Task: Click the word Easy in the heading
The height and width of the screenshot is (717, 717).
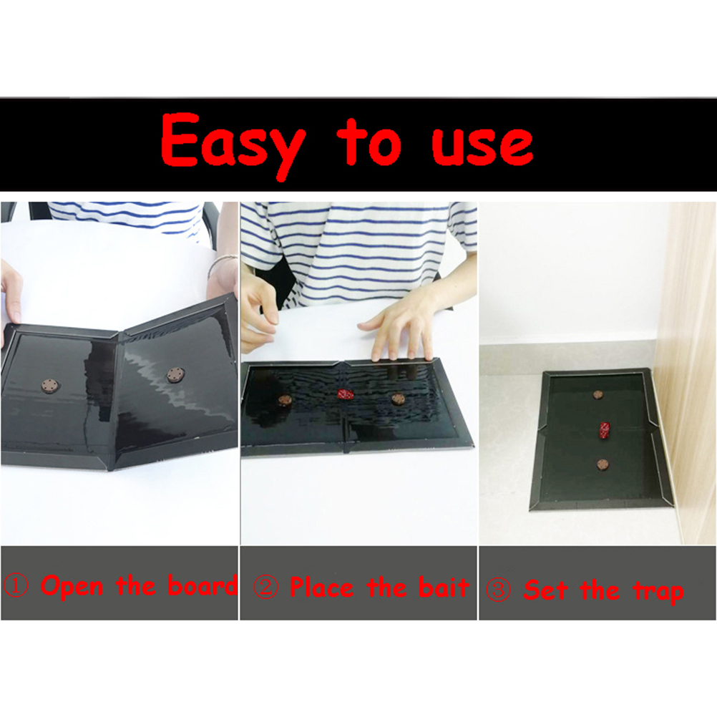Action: pos(233,143)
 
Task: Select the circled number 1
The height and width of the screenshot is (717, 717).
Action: pos(16,586)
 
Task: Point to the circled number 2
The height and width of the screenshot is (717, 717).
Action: pos(265,587)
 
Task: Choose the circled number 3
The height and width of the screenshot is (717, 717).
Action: pos(499,590)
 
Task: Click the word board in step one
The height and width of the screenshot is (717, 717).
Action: pos(203,585)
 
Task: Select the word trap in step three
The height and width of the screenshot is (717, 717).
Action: pos(658,592)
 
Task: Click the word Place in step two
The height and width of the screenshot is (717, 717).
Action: pos(322,587)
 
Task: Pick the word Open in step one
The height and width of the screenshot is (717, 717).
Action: pos(72,586)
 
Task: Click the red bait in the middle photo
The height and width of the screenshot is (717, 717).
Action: pos(346,394)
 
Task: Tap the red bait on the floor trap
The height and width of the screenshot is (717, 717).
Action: pos(605,430)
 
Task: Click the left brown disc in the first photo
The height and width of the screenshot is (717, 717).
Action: pos(50,386)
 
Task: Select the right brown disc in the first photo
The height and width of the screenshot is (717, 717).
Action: pos(175,375)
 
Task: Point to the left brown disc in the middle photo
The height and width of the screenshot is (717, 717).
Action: pos(286,401)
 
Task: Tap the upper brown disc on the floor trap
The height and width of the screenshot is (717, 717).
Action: pos(597,394)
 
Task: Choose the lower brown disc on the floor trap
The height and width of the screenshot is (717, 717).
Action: pos(603,465)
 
